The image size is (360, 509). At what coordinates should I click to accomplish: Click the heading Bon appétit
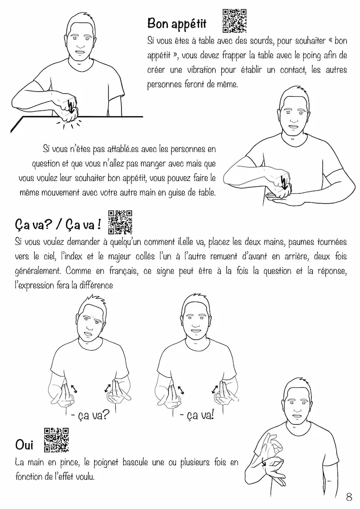pyautogui.click(x=177, y=24)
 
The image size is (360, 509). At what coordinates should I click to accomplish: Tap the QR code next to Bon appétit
pyautogui.click(x=234, y=21)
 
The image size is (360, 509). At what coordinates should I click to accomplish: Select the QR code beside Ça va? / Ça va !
pyautogui.click(x=120, y=222)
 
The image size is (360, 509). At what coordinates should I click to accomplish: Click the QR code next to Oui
pyautogui.click(x=56, y=440)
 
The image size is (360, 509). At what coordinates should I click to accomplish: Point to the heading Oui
pyautogui.click(x=24, y=445)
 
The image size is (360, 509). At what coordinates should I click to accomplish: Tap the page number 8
pyautogui.click(x=349, y=497)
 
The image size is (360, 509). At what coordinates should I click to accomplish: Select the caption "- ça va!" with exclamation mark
pyautogui.click(x=197, y=415)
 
